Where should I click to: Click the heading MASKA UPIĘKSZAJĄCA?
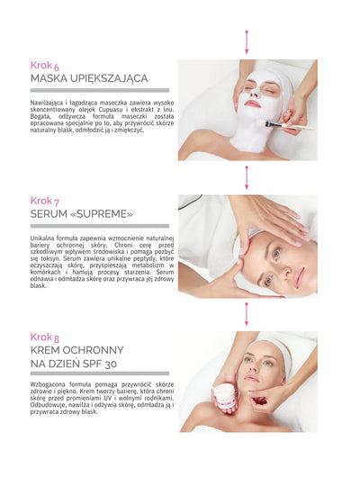(88, 78)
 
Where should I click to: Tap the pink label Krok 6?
(45, 65)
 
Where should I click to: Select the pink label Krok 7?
(45, 200)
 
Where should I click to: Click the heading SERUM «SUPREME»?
(81, 214)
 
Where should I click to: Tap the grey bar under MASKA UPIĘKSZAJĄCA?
(99, 90)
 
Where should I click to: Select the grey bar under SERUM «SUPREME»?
(99, 226)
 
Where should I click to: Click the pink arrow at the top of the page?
(247, 40)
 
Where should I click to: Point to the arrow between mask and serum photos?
(247, 176)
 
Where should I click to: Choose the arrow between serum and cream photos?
(247, 312)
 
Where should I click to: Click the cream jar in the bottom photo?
(223, 393)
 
